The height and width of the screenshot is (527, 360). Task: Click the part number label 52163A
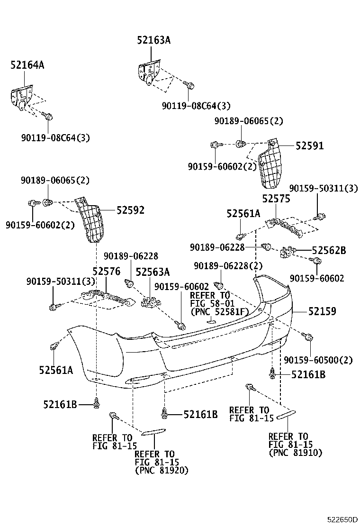(x=153, y=41)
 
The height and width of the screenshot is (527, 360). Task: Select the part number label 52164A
(x=27, y=65)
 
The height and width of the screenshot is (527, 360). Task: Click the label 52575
(x=276, y=199)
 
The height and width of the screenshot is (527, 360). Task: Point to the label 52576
(x=106, y=271)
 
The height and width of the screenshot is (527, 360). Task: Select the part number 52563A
(x=153, y=272)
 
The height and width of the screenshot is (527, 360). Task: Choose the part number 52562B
(x=329, y=250)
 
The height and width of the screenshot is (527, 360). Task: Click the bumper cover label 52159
(x=322, y=311)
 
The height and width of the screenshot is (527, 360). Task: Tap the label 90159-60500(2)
(x=318, y=360)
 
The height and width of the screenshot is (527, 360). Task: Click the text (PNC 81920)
(x=162, y=470)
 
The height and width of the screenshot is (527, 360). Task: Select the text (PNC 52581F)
(x=220, y=312)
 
